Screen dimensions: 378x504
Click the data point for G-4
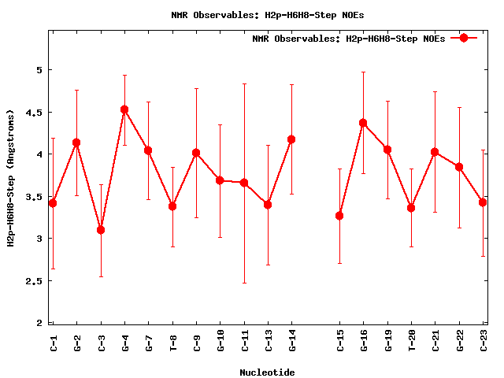click(x=124, y=109)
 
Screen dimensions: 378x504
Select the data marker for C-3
click(x=101, y=230)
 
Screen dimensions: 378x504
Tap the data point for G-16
click(x=363, y=123)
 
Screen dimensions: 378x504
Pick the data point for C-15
click(x=339, y=216)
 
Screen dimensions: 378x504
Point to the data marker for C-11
click(x=244, y=183)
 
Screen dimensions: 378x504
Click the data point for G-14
click(x=291, y=139)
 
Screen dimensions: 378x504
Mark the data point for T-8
click(x=172, y=206)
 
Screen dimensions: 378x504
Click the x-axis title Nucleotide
click(x=267, y=372)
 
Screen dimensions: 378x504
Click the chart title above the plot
click(x=267, y=14)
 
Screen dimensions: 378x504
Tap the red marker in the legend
click(x=464, y=38)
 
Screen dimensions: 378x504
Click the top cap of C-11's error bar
click(x=244, y=83)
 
